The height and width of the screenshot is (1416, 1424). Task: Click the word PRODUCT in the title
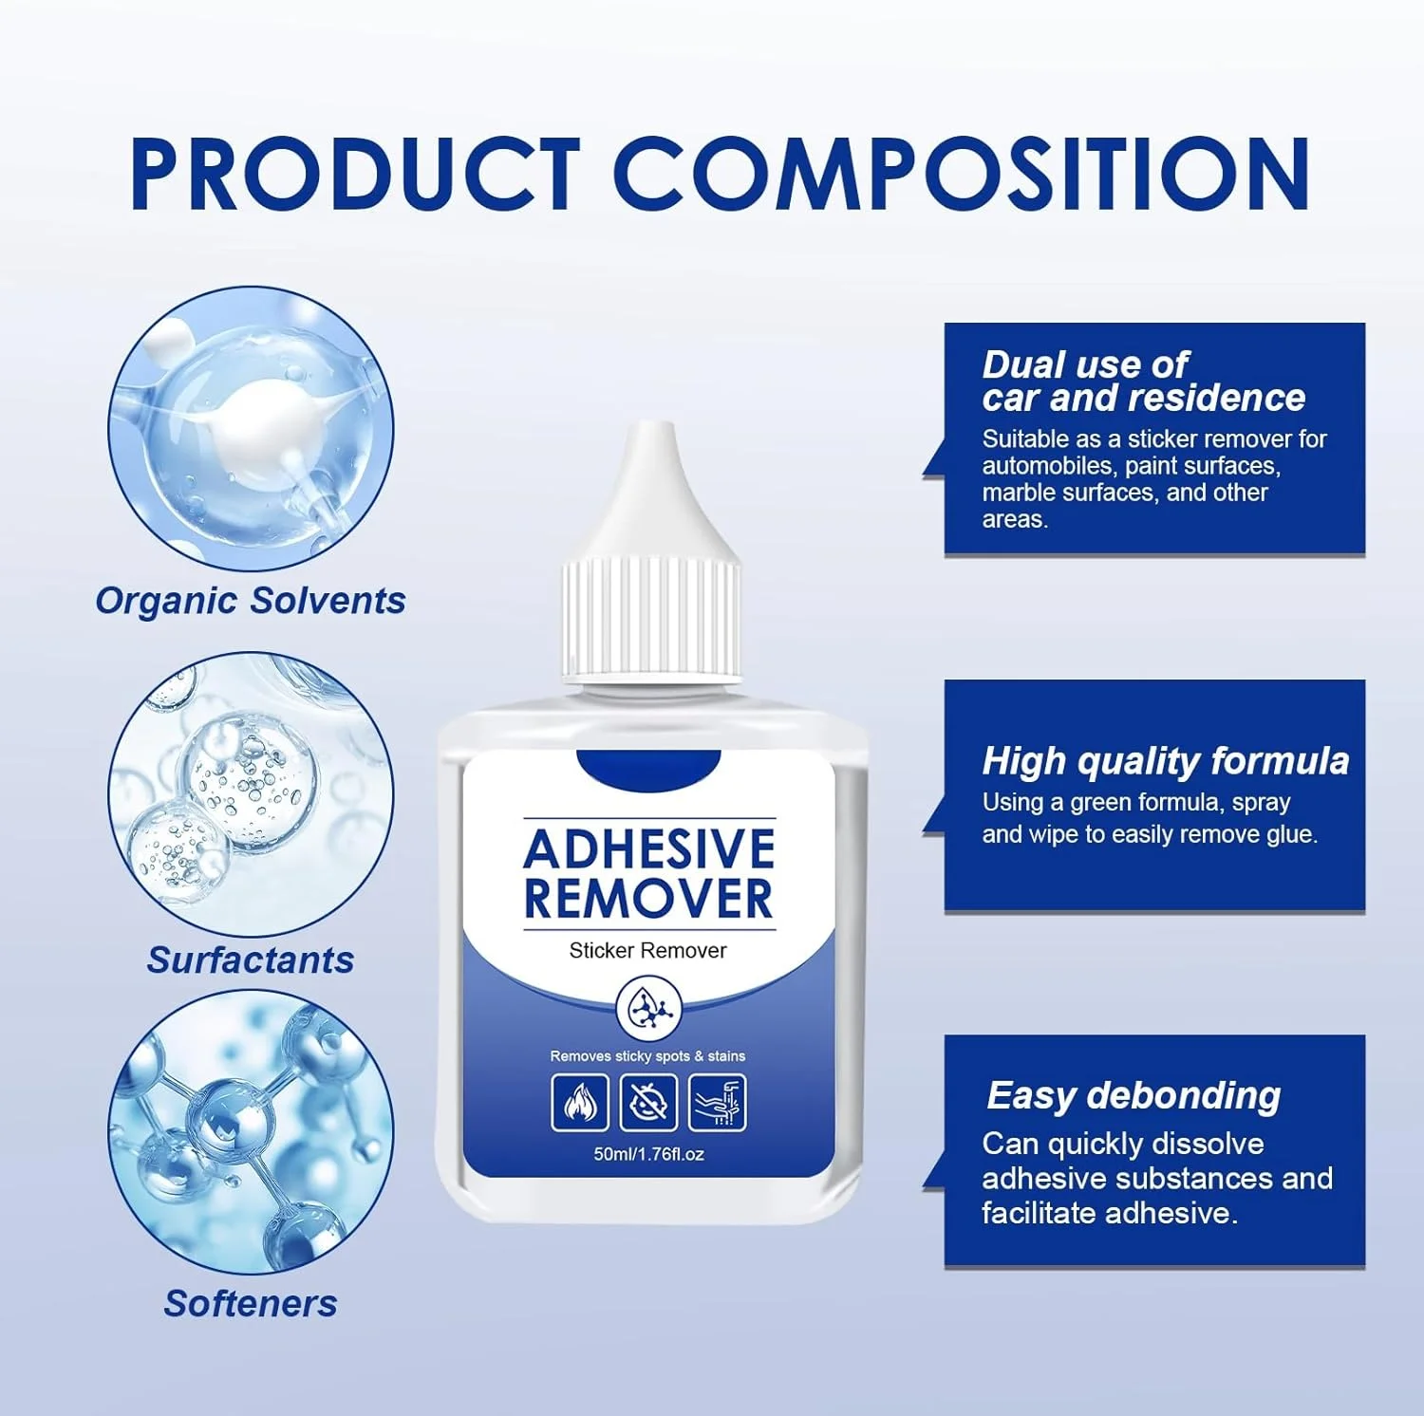[355, 174]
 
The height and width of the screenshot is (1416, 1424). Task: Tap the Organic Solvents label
[251, 601]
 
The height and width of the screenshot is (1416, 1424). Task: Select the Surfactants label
[251, 960]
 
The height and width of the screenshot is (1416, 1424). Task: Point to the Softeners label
[251, 1303]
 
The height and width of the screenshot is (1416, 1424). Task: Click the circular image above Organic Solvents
[251, 429]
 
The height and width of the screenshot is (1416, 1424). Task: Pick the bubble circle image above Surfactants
[251, 793]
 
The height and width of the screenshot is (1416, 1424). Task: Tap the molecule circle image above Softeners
[251, 1132]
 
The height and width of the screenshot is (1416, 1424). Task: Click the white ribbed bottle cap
[650, 620]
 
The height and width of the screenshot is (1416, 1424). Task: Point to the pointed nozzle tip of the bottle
[650, 429]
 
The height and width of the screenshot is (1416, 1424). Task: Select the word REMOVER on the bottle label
[649, 899]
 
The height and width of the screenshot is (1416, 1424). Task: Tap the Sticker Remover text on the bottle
[647, 950]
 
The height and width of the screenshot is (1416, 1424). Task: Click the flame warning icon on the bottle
[580, 1103]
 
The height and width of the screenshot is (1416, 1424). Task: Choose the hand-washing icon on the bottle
[717, 1103]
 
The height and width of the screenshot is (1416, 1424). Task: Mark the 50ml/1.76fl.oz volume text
[649, 1154]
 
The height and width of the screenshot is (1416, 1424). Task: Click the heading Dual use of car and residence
[1144, 382]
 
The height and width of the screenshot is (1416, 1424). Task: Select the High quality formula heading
[1166, 761]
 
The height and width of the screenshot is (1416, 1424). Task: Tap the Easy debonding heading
[1134, 1096]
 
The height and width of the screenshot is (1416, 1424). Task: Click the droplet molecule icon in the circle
[648, 1009]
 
